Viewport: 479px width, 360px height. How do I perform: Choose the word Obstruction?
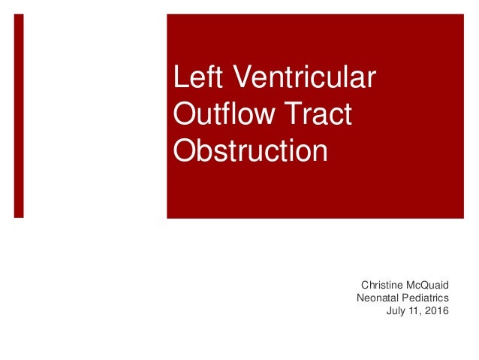pos(250,150)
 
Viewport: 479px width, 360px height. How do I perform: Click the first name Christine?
pos(381,286)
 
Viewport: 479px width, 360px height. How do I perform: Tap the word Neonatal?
pos(378,298)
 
